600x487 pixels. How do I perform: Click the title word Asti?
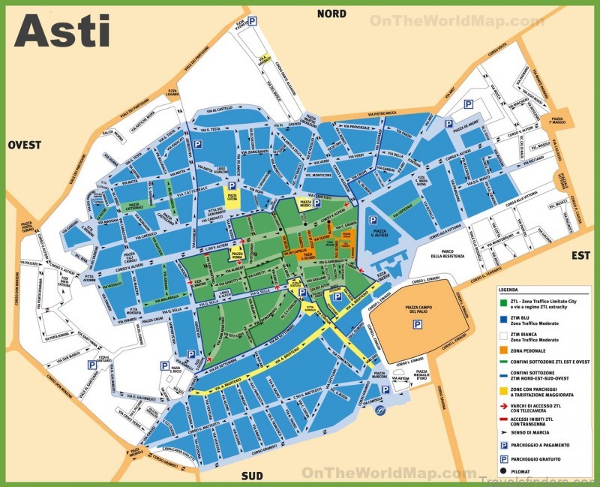[62, 31]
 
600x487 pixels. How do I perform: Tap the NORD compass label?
[331, 14]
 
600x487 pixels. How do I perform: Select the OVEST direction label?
[25, 145]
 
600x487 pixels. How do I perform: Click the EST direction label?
[581, 255]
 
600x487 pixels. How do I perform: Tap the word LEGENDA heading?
[508, 288]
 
